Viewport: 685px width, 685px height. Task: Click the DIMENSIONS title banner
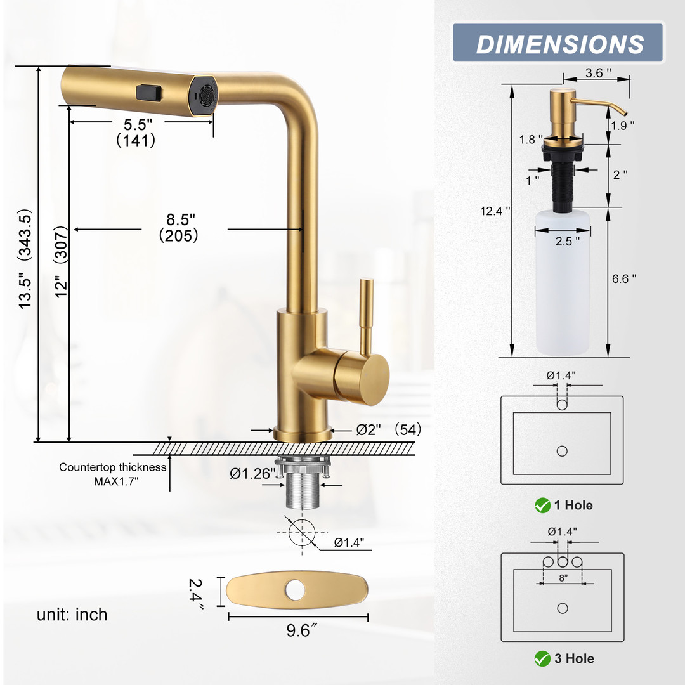pos(558,42)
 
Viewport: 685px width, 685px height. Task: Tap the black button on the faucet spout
pos(149,93)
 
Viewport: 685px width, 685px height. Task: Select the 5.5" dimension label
pos(138,124)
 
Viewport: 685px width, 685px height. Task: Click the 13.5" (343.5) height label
pos(25,259)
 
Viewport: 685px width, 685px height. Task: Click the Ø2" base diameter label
pos(369,430)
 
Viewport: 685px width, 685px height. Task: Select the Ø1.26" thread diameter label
pos(252,474)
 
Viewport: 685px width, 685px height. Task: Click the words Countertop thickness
pos(113,467)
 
